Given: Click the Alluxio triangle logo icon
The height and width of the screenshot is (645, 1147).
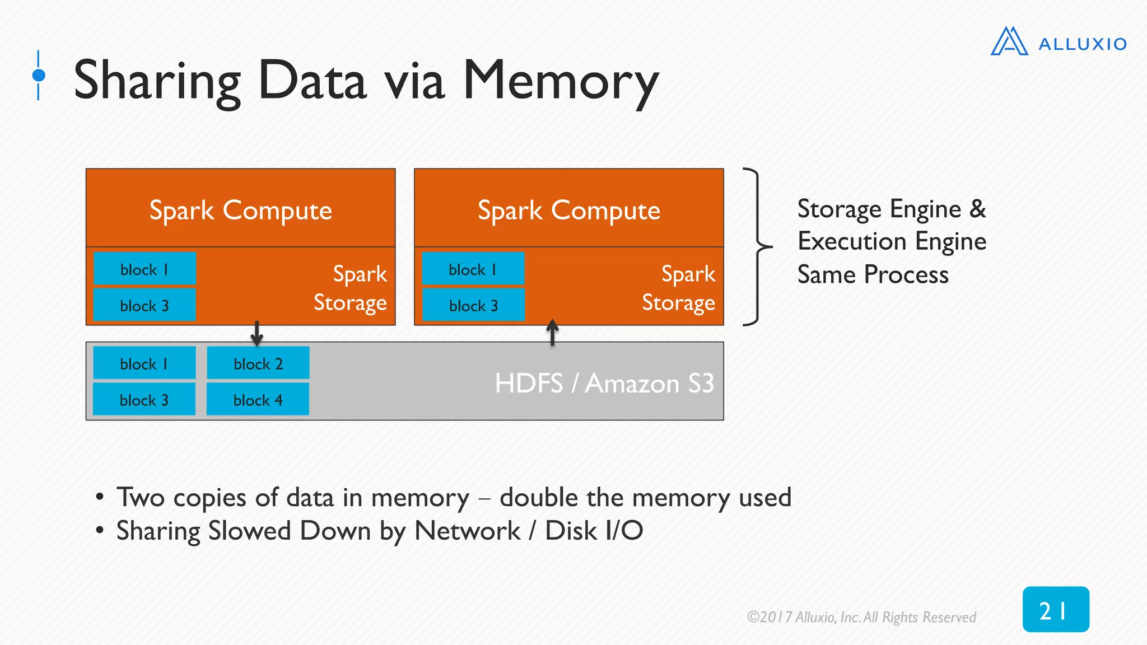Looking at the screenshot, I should pyautogui.click(x=1009, y=42).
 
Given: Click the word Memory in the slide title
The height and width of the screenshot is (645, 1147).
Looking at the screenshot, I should pyautogui.click(x=561, y=81).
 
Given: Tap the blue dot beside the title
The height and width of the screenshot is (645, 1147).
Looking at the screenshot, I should pyautogui.click(x=39, y=75).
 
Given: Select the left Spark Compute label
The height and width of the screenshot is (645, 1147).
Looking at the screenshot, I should pyautogui.click(x=240, y=210).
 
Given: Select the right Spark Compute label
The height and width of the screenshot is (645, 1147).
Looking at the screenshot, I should pyautogui.click(x=568, y=210).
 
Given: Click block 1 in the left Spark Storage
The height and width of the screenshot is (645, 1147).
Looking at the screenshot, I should pyautogui.click(x=144, y=269).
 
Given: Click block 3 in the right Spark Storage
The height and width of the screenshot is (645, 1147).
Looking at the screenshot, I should pyautogui.click(x=473, y=306).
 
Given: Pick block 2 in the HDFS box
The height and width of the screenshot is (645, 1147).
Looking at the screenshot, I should pyautogui.click(x=258, y=364).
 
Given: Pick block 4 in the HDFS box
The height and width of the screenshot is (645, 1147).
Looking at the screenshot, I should pyautogui.click(x=258, y=400).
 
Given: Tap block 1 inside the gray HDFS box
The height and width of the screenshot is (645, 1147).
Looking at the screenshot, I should pyautogui.click(x=144, y=364).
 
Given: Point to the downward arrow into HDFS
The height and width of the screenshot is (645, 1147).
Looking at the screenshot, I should pyautogui.click(x=257, y=334).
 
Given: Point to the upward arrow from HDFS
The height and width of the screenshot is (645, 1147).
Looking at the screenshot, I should pyautogui.click(x=552, y=333).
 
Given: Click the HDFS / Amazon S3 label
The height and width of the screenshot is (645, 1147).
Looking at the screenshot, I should pyautogui.click(x=604, y=384).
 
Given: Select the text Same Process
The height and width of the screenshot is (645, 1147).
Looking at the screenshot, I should pyautogui.click(x=873, y=275).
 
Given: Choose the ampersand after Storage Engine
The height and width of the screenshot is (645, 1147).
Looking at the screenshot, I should pyautogui.click(x=977, y=208).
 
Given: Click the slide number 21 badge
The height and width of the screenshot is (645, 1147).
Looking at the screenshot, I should pyautogui.click(x=1055, y=610).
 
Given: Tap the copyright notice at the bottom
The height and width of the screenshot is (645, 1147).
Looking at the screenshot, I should pyautogui.click(x=861, y=617).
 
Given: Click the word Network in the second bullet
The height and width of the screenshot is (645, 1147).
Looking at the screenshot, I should pyautogui.click(x=467, y=531).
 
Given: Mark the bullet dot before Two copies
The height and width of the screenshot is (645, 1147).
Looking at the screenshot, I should pyautogui.click(x=100, y=497).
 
